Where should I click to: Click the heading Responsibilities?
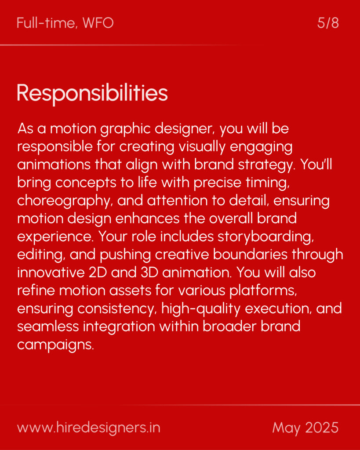(x=92, y=93)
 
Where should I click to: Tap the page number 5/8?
(x=328, y=23)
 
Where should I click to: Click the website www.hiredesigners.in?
(x=88, y=428)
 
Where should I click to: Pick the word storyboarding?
(x=265, y=237)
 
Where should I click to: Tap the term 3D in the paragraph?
(x=150, y=272)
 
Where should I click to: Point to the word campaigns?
(x=55, y=345)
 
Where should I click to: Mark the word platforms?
(x=263, y=291)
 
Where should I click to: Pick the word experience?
(x=56, y=237)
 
